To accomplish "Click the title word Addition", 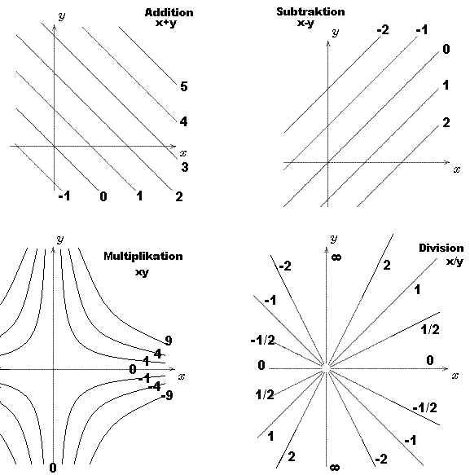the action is [169, 12].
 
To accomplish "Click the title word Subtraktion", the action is [310, 11].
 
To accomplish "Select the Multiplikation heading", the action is [143, 257].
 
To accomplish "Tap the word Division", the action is [441, 248].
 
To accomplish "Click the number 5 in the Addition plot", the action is [184, 86].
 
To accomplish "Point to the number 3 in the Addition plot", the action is [185, 167].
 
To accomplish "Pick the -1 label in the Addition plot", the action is [64, 196].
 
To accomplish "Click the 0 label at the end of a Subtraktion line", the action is [446, 49].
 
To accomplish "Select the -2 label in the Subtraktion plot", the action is [383, 30].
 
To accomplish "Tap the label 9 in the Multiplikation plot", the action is [169, 341].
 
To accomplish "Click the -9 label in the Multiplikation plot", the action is [167, 395].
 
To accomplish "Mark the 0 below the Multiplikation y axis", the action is [53, 468].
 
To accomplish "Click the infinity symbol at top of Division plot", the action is [336, 257].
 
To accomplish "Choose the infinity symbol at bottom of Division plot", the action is [335, 468].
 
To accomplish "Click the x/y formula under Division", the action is [455, 262].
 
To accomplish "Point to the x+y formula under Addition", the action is [165, 23].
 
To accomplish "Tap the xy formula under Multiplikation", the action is [142, 272].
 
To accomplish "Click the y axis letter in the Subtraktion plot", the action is [335, 33].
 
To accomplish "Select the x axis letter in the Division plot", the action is [455, 376].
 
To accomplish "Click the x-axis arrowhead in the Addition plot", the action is [174, 147].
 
